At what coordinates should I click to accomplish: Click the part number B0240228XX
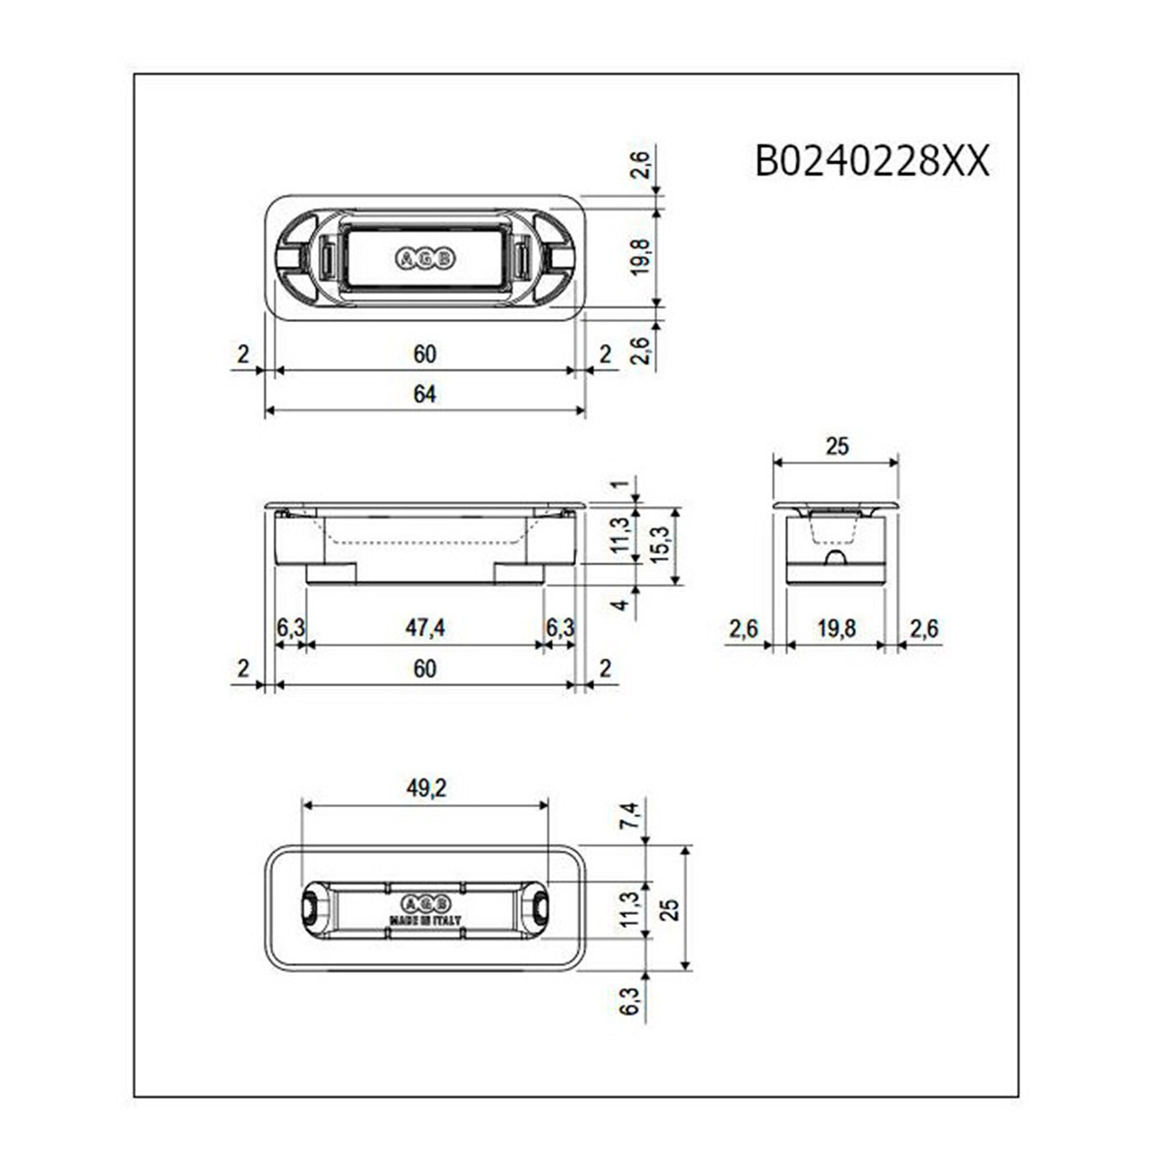(871, 161)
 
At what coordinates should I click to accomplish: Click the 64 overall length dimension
(424, 395)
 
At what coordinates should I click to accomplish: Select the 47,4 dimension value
(424, 628)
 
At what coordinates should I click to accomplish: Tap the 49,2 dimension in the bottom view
(426, 789)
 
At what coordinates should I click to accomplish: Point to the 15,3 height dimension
(659, 545)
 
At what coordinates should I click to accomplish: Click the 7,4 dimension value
(631, 816)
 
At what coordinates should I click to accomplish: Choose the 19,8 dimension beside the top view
(641, 257)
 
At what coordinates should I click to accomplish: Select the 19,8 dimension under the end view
(836, 629)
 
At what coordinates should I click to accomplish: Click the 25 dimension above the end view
(837, 446)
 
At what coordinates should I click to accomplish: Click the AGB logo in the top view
(425, 259)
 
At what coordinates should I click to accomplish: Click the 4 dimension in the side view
(622, 604)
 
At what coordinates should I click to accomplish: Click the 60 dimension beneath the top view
(424, 355)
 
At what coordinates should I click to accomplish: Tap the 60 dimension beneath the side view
(424, 669)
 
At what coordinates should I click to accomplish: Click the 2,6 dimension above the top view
(641, 164)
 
